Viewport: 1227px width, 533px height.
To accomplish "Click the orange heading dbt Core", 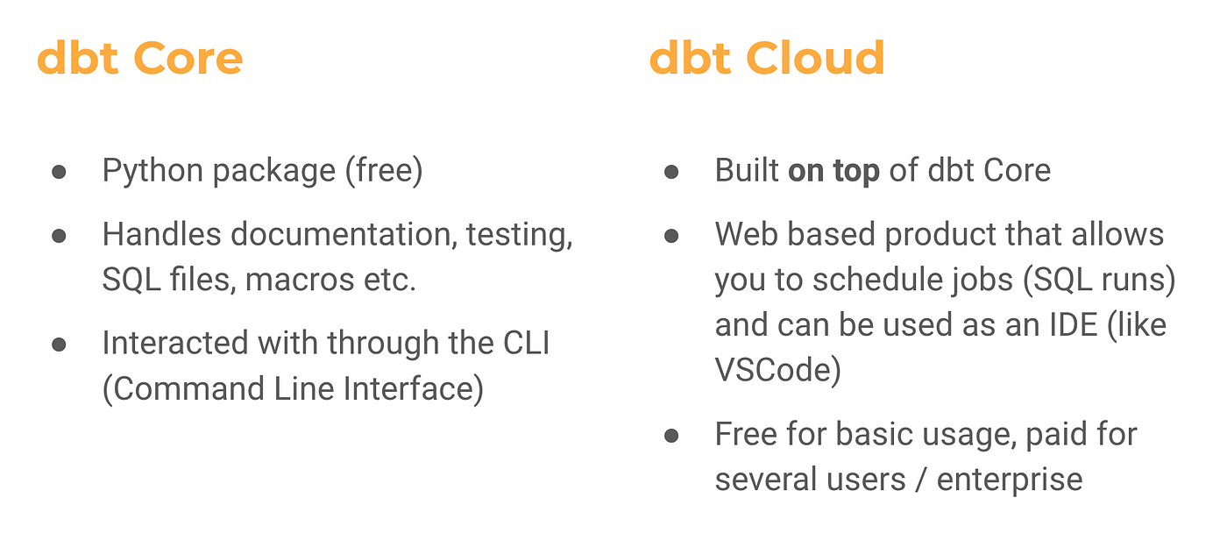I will [140, 59].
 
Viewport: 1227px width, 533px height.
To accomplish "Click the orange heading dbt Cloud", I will [767, 59].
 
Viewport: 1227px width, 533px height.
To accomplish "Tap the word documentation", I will [344, 234].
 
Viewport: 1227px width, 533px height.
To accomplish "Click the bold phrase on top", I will [833, 171].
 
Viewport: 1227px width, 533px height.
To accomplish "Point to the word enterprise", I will [1010, 480].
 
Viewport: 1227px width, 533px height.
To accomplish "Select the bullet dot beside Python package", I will [59, 172].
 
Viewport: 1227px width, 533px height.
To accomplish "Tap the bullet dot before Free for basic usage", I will [671, 435].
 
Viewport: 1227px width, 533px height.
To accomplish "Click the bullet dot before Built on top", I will [671, 172].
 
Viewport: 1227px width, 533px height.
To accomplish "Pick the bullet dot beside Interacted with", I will [59, 344].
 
